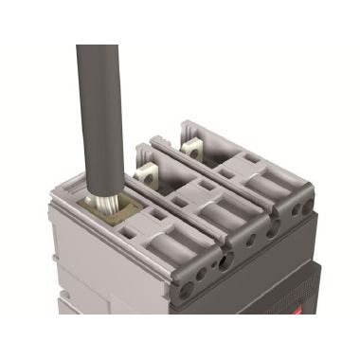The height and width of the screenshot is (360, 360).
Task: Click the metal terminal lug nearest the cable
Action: (x=148, y=173)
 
